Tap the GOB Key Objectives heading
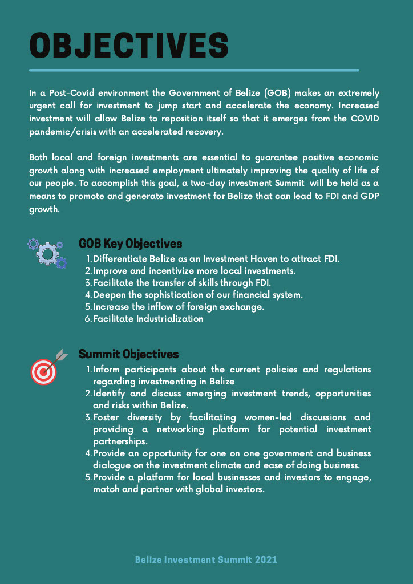(131, 244)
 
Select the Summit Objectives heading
(128, 354)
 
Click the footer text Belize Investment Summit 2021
(206, 559)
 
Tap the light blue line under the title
(194, 70)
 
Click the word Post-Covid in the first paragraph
(67, 93)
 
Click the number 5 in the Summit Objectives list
(88, 477)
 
